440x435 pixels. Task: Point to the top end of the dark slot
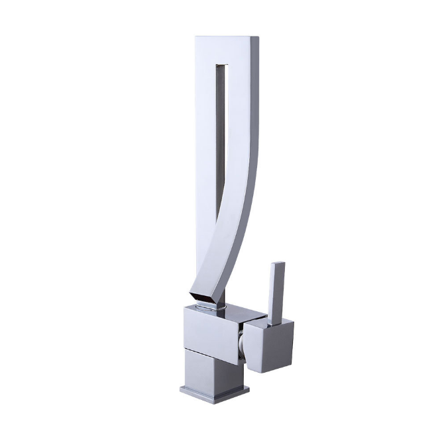[224, 67]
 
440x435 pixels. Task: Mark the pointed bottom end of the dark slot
[219, 225]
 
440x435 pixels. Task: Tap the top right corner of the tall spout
[258, 38]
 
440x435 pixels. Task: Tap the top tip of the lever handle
[279, 263]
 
